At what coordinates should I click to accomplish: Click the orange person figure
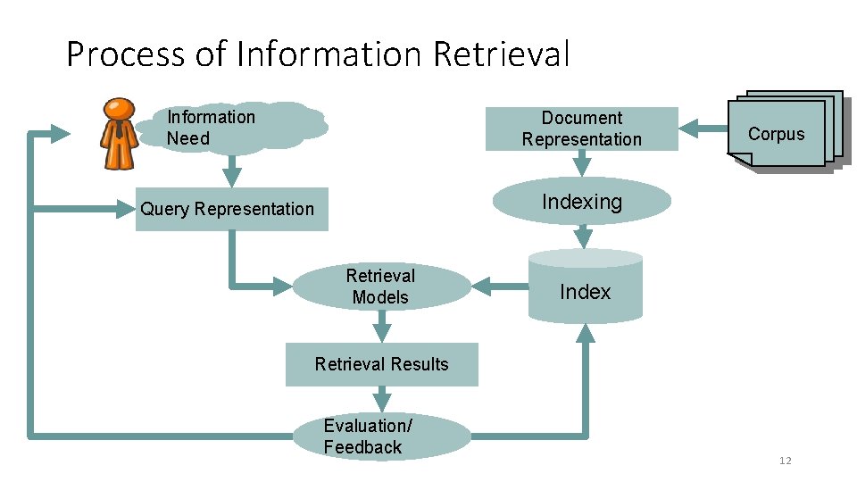(x=118, y=134)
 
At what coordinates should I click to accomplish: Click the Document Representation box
(x=581, y=129)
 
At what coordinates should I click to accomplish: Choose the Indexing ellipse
(x=582, y=202)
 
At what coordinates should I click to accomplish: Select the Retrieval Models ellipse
(x=381, y=287)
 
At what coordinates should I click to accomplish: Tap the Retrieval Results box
(x=381, y=364)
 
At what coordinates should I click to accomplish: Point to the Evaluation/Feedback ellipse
(x=381, y=436)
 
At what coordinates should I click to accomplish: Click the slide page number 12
(x=785, y=461)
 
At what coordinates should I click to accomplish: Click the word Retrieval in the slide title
(x=501, y=54)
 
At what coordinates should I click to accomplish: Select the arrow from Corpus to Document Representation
(x=703, y=129)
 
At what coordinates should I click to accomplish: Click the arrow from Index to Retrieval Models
(x=499, y=287)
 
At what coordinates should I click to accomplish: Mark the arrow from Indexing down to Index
(x=583, y=237)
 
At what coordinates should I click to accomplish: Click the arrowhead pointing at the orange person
(x=59, y=134)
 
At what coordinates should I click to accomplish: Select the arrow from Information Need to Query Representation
(x=231, y=170)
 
